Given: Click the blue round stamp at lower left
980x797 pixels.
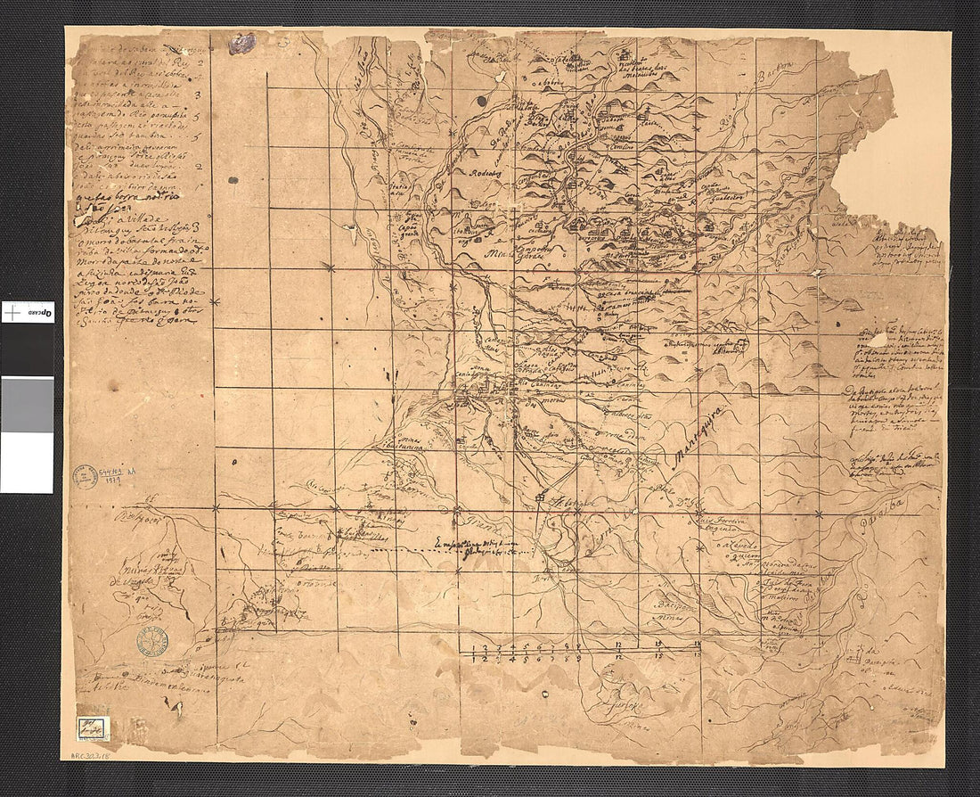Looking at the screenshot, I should tap(152, 641).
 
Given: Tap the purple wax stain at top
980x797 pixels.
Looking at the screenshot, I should tap(241, 44).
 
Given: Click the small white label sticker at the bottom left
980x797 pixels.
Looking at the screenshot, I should tap(92, 727).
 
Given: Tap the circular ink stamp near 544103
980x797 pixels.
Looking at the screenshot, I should tap(86, 476).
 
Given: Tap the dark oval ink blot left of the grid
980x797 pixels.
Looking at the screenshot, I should tap(233, 179).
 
